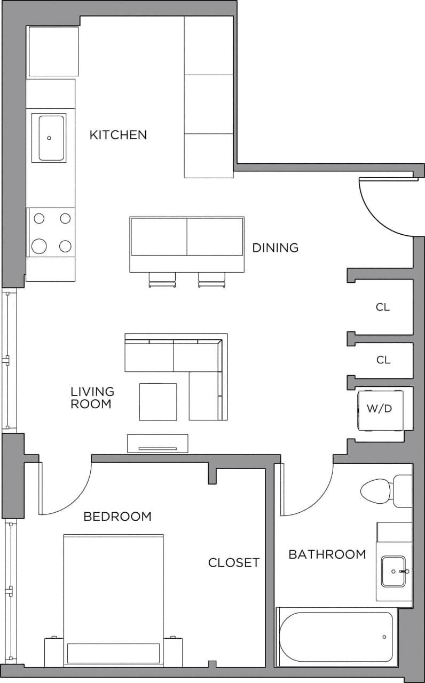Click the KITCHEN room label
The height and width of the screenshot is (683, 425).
point(118,134)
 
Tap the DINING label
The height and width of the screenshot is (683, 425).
point(275,248)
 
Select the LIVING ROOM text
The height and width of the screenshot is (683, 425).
point(92,398)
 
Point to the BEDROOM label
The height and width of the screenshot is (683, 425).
point(117,517)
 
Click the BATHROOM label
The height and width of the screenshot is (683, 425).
point(327,554)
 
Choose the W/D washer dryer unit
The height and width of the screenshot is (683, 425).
point(380,409)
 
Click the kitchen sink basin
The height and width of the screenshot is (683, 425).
point(51,138)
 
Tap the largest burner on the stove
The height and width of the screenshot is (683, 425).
point(39,246)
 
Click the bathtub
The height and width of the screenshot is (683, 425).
point(336,637)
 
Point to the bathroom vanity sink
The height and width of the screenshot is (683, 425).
point(393,571)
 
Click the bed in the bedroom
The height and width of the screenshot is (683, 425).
point(113,592)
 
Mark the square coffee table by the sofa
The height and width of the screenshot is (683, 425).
point(158,402)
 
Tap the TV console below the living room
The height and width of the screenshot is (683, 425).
point(158,443)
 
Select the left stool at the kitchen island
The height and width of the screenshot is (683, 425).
point(162,279)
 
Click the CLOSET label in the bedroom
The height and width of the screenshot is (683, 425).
point(234,562)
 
